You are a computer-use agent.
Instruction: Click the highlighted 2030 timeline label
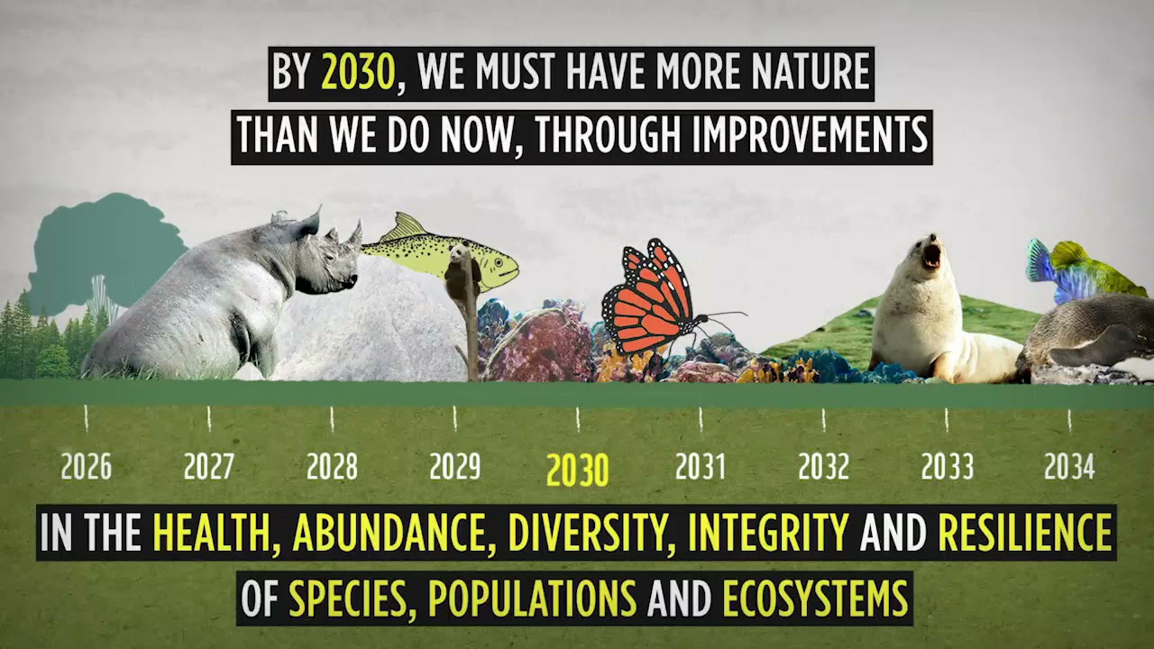pyautogui.click(x=578, y=470)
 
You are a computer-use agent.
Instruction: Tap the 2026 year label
pyautogui.click(x=87, y=467)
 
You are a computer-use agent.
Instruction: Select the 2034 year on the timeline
pyautogui.click(x=1069, y=467)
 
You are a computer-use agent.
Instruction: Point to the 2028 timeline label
pyautogui.click(x=332, y=467)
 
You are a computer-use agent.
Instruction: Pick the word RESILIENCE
pyautogui.click(x=1025, y=533)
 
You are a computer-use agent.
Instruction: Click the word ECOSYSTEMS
pyautogui.click(x=815, y=599)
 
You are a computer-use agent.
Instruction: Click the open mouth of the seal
pyautogui.click(x=931, y=253)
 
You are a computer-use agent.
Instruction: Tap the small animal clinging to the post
pyautogui.click(x=462, y=275)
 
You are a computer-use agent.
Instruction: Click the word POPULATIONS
pyautogui.click(x=532, y=599)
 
